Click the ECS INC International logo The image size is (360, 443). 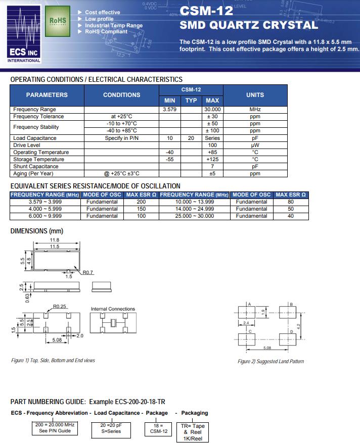click(24, 33)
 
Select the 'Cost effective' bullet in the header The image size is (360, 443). click(102, 12)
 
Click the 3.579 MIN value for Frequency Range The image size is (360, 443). click(170, 110)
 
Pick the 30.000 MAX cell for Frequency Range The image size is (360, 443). click(212, 110)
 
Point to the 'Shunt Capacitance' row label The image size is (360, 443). click(36, 166)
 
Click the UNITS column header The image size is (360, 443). click(255, 95)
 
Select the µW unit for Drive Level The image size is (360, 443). click(255, 145)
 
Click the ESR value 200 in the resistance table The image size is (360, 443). click(142, 202)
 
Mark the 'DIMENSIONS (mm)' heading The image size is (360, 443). click(37, 231)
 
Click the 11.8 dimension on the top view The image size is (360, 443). click(55, 240)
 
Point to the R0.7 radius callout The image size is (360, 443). click(88, 272)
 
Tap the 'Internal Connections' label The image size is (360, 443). click(113, 309)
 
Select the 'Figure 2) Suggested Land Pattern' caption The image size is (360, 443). click(271, 361)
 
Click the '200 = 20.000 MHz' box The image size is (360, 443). click(55, 427)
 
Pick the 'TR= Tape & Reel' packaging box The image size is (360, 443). click(193, 432)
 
